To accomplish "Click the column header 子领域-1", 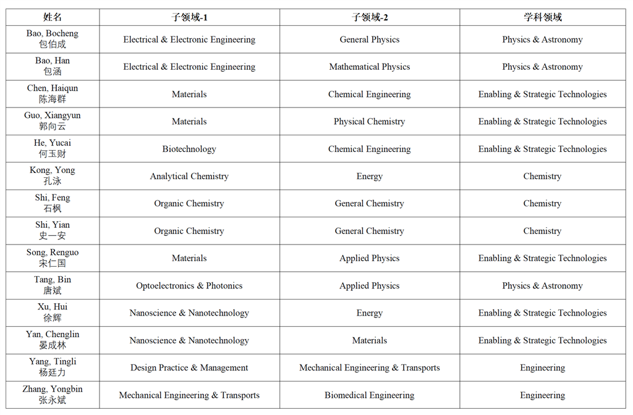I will (x=189, y=17).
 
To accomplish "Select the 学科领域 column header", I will (x=542, y=17).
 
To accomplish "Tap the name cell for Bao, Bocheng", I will (x=53, y=39).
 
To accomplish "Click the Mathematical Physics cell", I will (x=370, y=67).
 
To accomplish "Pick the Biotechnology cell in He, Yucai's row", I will (x=189, y=149).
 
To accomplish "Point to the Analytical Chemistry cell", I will (x=189, y=176).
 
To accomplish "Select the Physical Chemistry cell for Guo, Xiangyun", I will (x=370, y=122).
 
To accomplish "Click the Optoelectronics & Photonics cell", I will (x=189, y=286).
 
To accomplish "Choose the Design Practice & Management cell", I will (x=189, y=367).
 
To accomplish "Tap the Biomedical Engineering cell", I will (x=370, y=395).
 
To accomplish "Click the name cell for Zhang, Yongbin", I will (x=53, y=395).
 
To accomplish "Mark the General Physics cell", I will (x=370, y=40).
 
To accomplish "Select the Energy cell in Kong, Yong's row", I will (x=370, y=176).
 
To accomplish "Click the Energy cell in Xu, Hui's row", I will (x=370, y=313).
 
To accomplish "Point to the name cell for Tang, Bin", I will (x=53, y=285).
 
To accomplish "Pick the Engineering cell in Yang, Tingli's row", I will (x=542, y=367).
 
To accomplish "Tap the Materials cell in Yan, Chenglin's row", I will (x=370, y=340).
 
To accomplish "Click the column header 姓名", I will (x=53, y=17).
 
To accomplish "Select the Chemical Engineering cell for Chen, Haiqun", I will (x=370, y=94).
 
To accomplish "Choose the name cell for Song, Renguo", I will (x=53, y=258).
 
